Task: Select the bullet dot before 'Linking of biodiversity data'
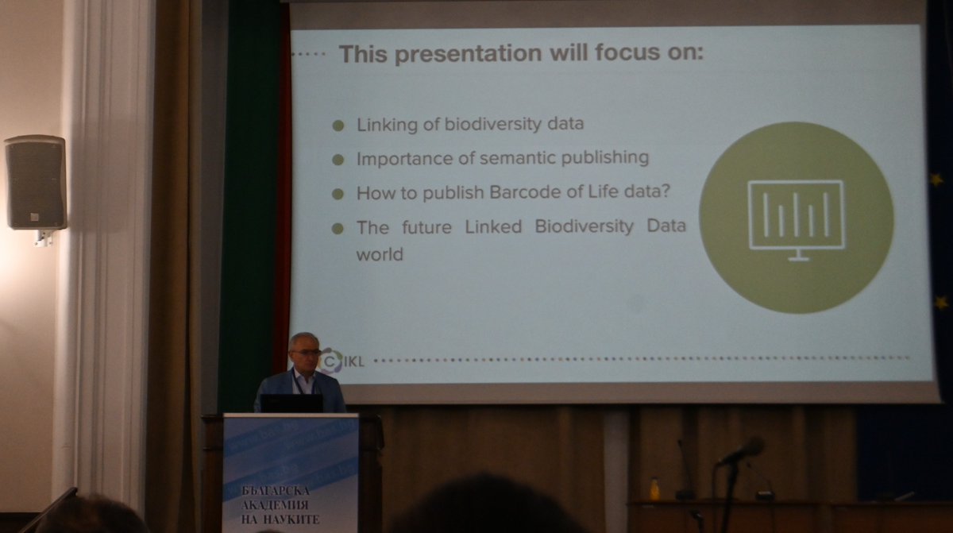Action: (338, 126)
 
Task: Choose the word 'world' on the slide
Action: (380, 255)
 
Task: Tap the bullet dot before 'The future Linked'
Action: (338, 229)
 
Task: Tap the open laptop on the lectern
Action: (291, 403)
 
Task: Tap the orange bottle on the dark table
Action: (654, 487)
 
